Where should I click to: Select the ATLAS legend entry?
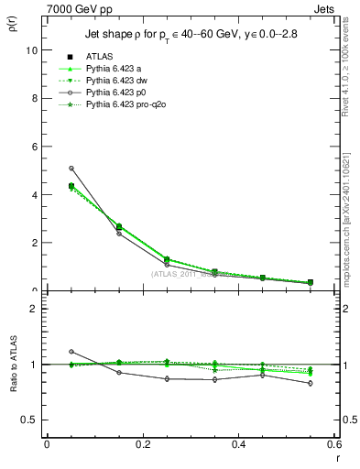pyautogui.click(x=99, y=56)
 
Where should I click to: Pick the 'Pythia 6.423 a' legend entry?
pyautogui.click(x=111, y=69)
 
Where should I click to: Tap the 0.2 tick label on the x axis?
pyautogui.click(x=142, y=444)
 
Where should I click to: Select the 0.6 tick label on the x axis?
pyautogui.click(x=334, y=444)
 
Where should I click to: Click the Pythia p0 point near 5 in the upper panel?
pyautogui.click(x=71, y=169)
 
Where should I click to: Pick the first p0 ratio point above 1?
pyautogui.click(x=71, y=352)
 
